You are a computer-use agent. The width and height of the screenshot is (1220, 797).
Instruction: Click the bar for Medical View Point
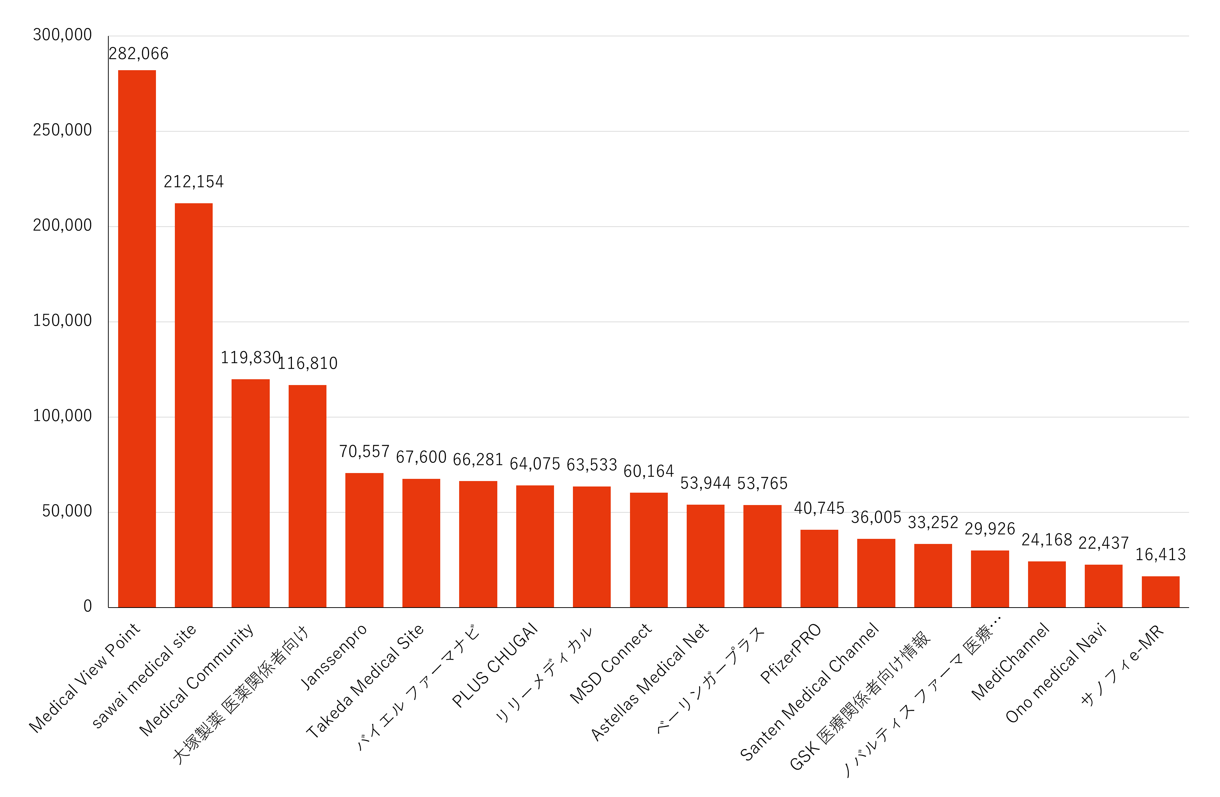coord(137,338)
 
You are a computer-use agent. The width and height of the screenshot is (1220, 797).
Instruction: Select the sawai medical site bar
coord(194,405)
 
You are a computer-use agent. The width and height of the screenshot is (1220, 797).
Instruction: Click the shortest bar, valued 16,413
coord(1160,592)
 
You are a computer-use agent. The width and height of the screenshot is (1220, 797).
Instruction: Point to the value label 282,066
coord(139,54)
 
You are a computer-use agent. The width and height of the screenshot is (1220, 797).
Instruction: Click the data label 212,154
coord(194,182)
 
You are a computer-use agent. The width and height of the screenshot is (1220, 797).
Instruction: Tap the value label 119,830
coord(250,358)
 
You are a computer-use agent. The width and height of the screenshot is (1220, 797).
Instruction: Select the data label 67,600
coord(421,457)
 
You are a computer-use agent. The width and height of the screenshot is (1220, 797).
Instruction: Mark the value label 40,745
coord(819,508)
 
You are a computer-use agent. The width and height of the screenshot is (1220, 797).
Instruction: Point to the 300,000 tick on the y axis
coord(62,35)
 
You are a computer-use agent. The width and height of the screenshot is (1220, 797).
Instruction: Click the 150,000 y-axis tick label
coord(62,321)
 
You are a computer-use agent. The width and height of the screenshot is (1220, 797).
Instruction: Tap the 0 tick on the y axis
coord(88,606)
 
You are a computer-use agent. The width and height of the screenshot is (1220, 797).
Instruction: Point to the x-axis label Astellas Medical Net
coord(650,682)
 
